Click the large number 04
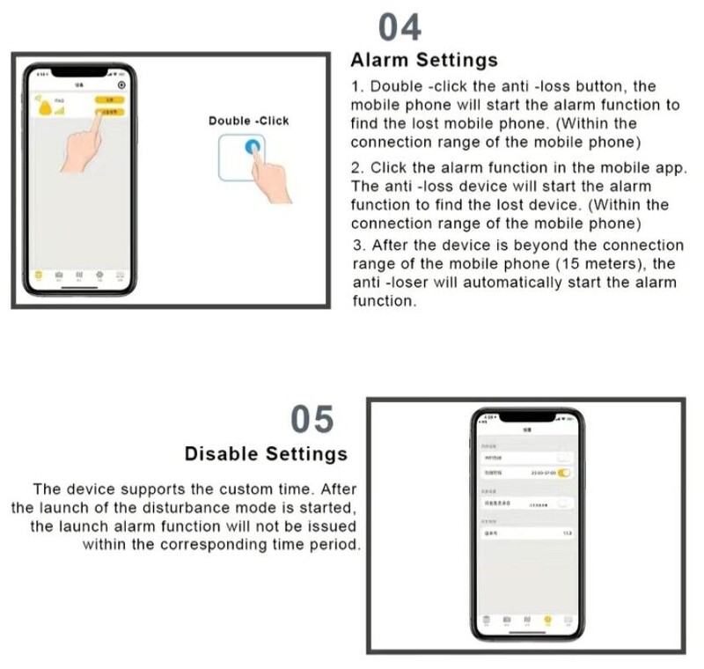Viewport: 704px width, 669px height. (x=400, y=28)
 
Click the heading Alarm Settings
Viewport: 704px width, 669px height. (x=423, y=61)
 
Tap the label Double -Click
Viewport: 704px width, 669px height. (x=248, y=121)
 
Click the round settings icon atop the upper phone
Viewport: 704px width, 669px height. (x=121, y=85)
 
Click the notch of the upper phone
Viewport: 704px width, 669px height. (x=78, y=70)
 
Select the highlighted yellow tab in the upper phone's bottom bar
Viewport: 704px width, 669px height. (x=37, y=275)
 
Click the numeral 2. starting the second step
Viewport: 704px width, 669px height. (x=356, y=167)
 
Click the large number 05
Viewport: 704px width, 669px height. (x=312, y=420)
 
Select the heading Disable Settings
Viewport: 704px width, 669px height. (x=266, y=454)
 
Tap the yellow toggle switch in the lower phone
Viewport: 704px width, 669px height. (x=564, y=473)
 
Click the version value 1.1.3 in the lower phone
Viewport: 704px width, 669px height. (x=568, y=533)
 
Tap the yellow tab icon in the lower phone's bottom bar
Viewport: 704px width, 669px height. (x=547, y=619)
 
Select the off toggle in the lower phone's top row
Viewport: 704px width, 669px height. (x=564, y=457)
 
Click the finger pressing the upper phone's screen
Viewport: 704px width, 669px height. (x=92, y=141)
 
